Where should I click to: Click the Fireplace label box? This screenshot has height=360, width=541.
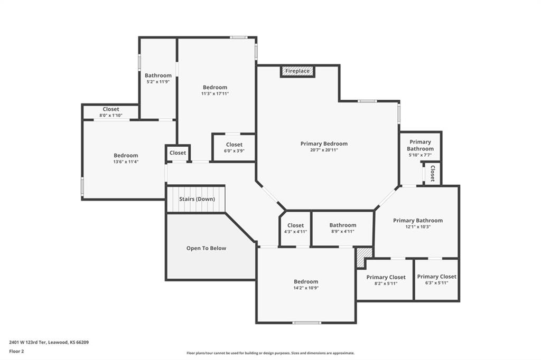pos(297,71)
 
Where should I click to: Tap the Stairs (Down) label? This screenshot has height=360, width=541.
pos(197,199)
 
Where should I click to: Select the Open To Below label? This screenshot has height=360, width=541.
pos(207,248)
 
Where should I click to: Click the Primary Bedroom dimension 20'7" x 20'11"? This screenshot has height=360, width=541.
pos(324,150)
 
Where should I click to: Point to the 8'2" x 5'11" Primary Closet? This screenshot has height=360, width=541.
pos(386,280)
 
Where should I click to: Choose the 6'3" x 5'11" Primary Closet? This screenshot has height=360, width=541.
pos(436,279)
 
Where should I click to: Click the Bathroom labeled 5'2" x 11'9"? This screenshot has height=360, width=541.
pos(158,78)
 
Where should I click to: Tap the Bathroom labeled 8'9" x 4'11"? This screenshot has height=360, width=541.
pos(342,228)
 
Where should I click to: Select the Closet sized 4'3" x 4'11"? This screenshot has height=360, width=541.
pos(295,228)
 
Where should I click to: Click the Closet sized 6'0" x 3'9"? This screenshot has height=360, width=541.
pos(234,148)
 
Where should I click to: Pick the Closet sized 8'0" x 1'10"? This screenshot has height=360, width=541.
pos(111,112)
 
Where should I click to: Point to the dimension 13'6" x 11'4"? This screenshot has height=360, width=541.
pos(126,162)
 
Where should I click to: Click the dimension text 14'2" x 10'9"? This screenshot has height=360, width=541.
pos(306,288)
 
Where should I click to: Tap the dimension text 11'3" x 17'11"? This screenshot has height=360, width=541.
pos(215,93)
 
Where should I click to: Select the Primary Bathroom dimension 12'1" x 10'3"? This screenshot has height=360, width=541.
pos(418,227)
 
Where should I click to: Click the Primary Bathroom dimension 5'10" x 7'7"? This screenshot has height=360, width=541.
pos(420,155)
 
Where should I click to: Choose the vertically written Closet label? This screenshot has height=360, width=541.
pos(432,174)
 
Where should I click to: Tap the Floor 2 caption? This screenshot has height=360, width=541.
pos(16,352)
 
